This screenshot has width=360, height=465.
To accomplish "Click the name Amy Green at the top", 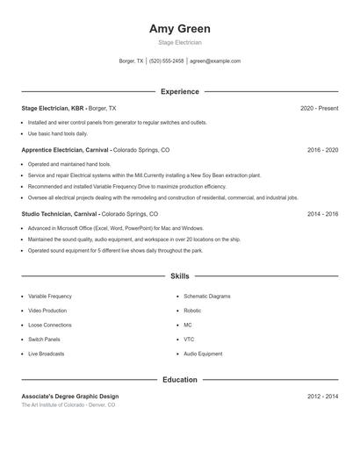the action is click(x=180, y=29).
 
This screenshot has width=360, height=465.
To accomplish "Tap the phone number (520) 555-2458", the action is click(x=167, y=61).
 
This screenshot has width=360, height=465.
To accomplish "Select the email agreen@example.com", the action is click(x=215, y=61).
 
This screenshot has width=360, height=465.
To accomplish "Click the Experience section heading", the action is click(x=180, y=91).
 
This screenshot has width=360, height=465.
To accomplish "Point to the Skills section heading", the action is click(x=180, y=276).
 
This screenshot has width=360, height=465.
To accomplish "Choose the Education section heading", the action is click(x=180, y=380).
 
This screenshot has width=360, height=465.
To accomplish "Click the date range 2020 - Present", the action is click(x=319, y=108).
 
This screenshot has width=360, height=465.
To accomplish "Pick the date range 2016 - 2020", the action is click(x=322, y=150).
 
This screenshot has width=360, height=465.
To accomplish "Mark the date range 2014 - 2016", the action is click(x=322, y=213).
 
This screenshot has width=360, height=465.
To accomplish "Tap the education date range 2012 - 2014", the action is click(x=322, y=397).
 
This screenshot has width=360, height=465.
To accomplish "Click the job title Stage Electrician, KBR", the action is click(x=53, y=108).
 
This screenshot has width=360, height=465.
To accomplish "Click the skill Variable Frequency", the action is click(x=50, y=297).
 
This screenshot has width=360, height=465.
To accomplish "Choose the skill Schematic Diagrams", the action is click(x=207, y=297).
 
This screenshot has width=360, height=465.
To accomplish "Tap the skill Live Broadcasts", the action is click(x=46, y=354).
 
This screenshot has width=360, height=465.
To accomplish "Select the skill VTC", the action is click(x=189, y=340).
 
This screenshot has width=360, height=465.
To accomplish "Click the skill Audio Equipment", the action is click(x=203, y=354).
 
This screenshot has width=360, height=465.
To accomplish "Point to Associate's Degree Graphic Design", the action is click(x=70, y=397).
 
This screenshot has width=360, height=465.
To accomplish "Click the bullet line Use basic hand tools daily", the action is click(x=58, y=134).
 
